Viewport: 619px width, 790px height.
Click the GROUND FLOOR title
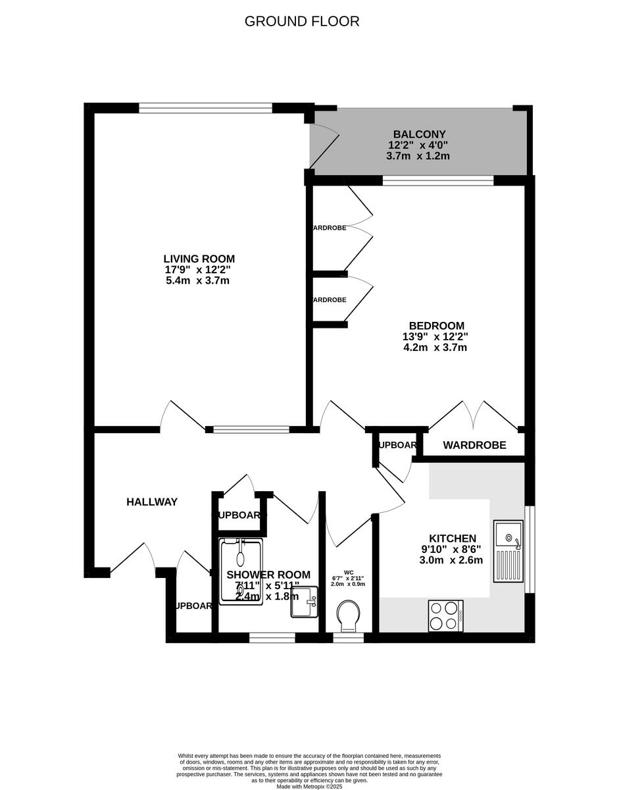[302, 21]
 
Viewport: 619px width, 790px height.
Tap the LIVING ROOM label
[199, 259]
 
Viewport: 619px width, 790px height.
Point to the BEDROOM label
[436, 325]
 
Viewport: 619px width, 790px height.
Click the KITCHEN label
[452, 539]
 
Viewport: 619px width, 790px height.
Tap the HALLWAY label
[152, 502]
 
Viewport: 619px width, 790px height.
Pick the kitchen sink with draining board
[508, 551]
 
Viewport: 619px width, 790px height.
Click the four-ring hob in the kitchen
[445, 616]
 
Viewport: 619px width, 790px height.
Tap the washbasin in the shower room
[304, 602]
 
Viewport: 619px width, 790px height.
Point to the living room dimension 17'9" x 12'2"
[198, 270]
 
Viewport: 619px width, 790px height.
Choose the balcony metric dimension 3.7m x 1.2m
[418, 156]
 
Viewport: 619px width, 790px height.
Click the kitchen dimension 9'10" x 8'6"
[451, 550]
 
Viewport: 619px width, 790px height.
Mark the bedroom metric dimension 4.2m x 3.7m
[435, 347]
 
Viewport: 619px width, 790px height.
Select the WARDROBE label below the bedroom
[474, 446]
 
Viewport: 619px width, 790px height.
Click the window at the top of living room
[205, 107]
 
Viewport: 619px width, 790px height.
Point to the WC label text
[348, 572]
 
